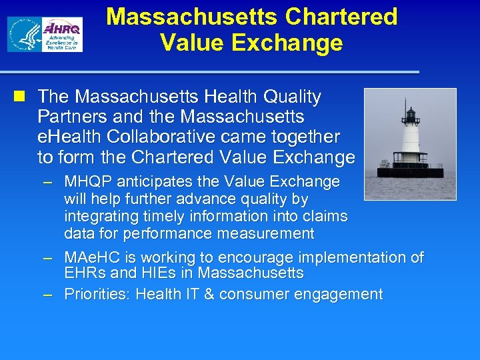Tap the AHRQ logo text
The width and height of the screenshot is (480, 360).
point(62,29)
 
